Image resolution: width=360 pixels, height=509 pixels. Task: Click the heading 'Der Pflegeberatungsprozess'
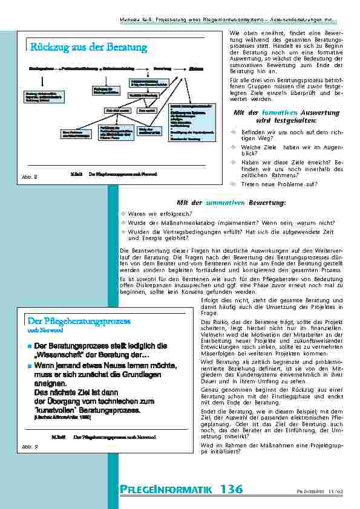79,321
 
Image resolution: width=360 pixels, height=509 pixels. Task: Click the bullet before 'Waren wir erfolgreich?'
123,213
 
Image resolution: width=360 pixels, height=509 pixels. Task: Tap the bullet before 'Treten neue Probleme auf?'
232,184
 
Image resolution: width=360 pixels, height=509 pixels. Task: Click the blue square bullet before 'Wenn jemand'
29,366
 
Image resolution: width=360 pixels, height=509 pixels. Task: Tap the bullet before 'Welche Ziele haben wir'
232,146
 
